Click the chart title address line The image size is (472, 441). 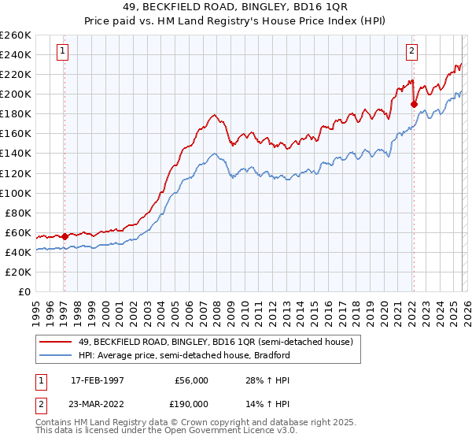coord(236,7)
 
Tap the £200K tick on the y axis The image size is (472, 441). coord(16,94)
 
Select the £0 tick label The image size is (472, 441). coord(25,291)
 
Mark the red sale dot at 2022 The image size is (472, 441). coord(414,103)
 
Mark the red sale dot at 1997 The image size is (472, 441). coord(65,235)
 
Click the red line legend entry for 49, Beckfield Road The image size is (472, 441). coord(220,342)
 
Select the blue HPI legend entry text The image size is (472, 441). coord(185,355)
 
